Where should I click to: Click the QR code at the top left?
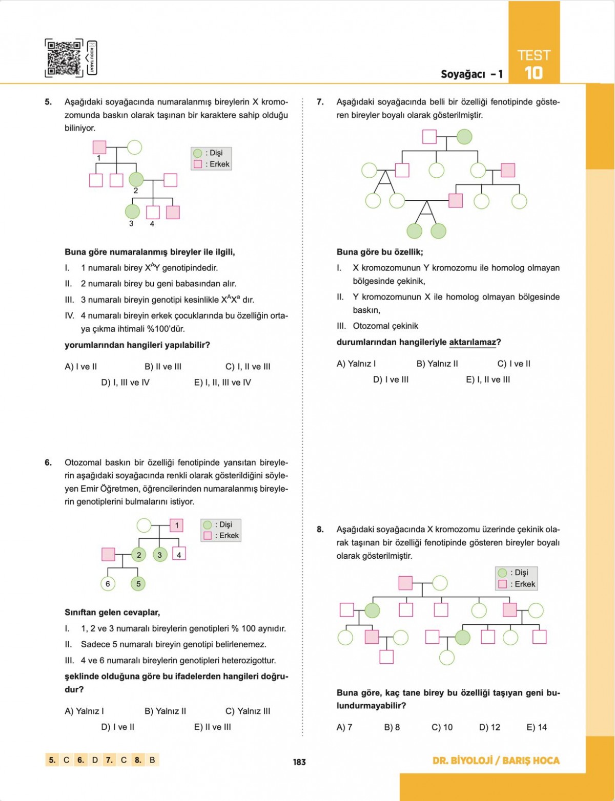point(64,58)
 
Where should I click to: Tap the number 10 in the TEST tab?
point(534,73)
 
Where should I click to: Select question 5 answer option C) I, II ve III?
point(248,367)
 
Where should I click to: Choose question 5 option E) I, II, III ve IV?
point(222,383)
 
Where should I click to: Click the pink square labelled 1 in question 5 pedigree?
point(99,147)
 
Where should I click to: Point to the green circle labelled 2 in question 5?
point(136,179)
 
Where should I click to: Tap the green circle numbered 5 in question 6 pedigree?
point(138,584)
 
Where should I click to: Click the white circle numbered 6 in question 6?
point(108,584)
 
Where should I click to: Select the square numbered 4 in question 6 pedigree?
point(179,555)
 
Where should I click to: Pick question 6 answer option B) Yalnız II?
point(165,711)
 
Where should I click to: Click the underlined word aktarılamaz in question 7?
point(472,342)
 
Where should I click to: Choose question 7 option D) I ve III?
point(391,380)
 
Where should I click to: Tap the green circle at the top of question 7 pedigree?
point(464,137)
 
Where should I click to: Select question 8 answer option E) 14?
point(537,727)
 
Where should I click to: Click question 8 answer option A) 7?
point(344,727)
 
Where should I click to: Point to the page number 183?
point(299,762)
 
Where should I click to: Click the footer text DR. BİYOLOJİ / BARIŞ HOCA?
point(496,761)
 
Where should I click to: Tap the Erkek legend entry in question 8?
point(518,584)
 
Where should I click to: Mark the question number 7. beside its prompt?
point(320,102)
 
